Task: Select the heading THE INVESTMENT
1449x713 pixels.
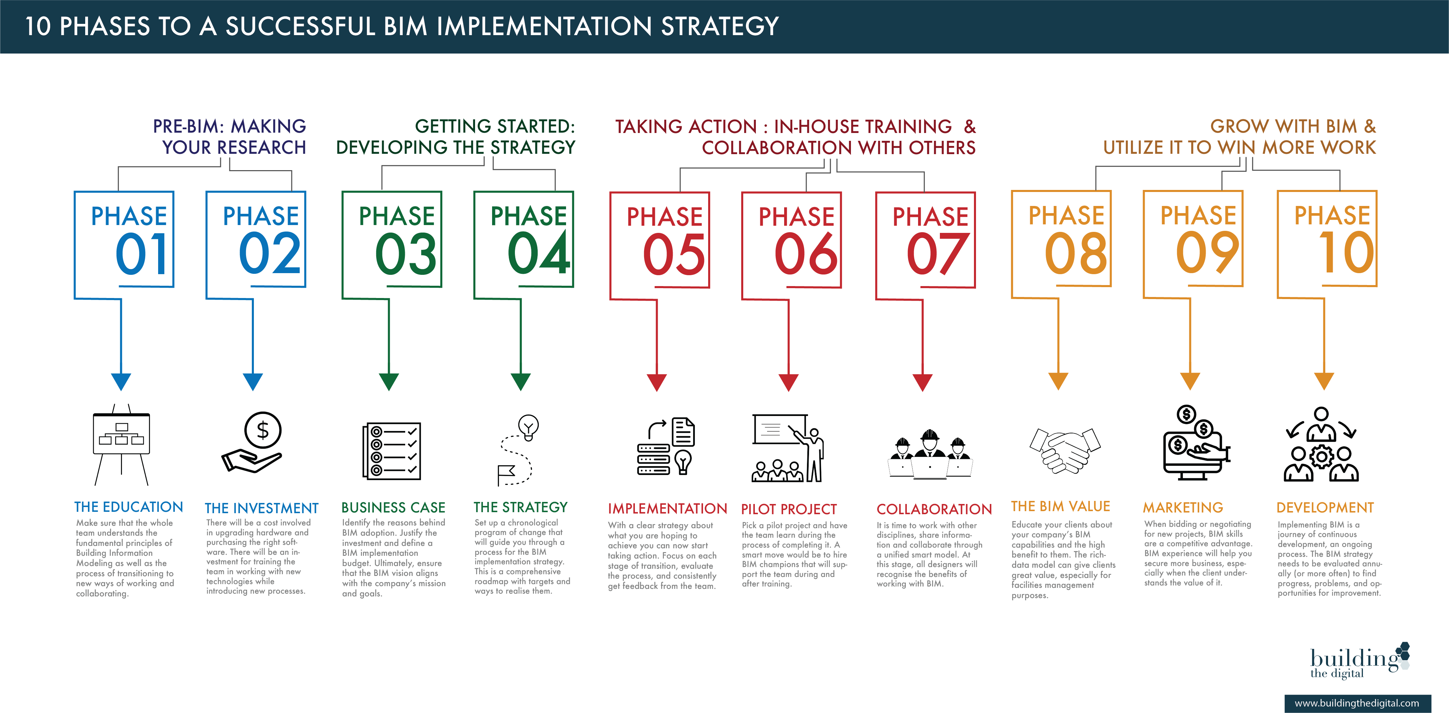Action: (x=262, y=508)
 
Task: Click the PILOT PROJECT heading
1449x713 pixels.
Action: (x=789, y=509)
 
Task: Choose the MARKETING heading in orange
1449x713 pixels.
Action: (x=1183, y=508)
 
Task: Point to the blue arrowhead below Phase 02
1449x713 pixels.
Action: (x=253, y=382)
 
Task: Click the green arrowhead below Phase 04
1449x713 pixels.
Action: (x=521, y=382)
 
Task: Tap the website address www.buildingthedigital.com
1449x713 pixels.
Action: (x=1357, y=703)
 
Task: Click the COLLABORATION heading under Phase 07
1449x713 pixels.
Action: (x=934, y=509)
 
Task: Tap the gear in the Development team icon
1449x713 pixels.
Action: (x=1321, y=457)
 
